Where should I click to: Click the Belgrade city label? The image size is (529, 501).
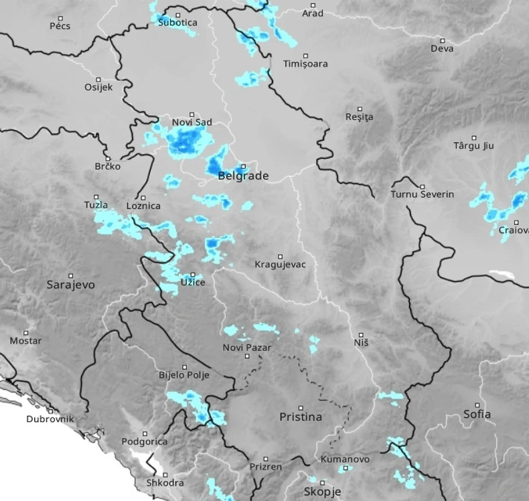[x=243, y=176]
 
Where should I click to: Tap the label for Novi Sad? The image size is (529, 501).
[x=192, y=123]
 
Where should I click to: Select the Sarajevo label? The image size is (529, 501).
[x=70, y=285]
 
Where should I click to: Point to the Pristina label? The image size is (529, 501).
[x=300, y=417]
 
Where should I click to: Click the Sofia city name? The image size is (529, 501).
[x=477, y=414]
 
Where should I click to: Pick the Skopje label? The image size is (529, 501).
[x=322, y=492]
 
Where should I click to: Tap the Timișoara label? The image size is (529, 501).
[x=305, y=64]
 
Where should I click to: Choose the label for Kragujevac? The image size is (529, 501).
[x=280, y=265]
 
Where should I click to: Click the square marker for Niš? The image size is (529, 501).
[x=361, y=334]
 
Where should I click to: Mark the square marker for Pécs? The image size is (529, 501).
[x=60, y=18]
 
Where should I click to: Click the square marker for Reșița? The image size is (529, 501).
[x=360, y=109]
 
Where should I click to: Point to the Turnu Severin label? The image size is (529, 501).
[x=422, y=195]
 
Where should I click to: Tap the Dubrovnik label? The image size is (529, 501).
[x=50, y=419]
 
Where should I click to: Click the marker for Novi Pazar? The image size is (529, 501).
[x=247, y=356]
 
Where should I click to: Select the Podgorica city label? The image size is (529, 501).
[x=144, y=441]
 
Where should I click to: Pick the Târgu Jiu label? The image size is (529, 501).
[x=473, y=146]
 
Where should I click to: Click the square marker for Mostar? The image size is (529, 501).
[x=26, y=332]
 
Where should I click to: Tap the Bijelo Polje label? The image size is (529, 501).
[x=183, y=375]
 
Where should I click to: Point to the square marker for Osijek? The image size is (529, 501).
[x=98, y=79]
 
